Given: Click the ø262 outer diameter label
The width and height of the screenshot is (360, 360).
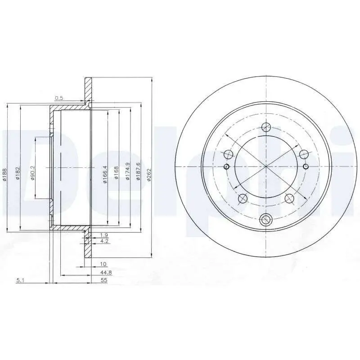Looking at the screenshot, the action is [x=149, y=175].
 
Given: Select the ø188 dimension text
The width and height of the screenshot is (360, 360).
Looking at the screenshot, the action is [x=5, y=175].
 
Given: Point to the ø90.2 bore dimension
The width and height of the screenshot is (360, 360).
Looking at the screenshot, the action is [x=32, y=172].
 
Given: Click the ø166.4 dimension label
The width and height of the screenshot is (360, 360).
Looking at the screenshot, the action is [x=105, y=174].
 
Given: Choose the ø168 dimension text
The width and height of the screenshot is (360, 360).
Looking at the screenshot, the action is [x=117, y=173].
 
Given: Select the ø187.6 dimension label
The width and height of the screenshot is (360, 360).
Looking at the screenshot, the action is [x=139, y=171].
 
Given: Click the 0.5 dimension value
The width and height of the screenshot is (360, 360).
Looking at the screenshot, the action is [x=59, y=98].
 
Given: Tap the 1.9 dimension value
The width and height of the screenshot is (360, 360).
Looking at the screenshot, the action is [x=104, y=235].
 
